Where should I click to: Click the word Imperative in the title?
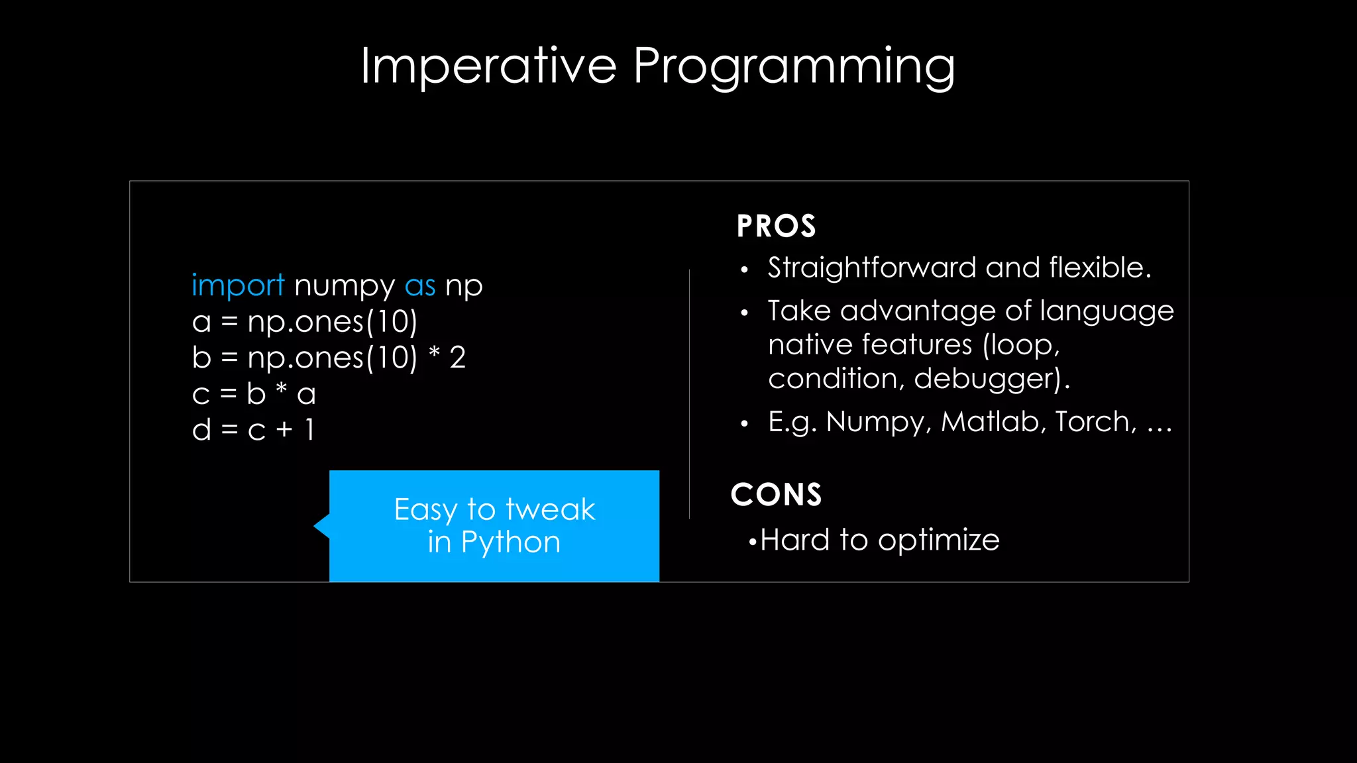[488, 66]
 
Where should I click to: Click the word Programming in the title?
[794, 66]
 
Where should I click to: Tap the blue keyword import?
[238, 286]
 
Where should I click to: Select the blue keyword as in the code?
[420, 286]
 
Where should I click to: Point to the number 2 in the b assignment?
[458, 358]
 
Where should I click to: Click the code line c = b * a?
[254, 394]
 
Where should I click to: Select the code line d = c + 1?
[253, 430]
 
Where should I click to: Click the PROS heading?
[776, 227]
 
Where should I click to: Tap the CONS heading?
[776, 495]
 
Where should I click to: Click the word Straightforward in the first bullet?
[872, 268]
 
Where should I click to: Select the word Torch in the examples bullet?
[1095, 422]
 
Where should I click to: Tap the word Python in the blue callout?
[511, 542]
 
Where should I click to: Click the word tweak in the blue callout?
[550, 509]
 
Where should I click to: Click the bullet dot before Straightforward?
[745, 270]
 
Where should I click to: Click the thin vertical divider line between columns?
[689, 394]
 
